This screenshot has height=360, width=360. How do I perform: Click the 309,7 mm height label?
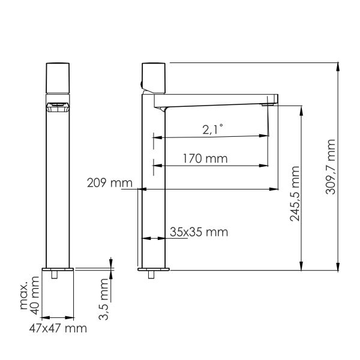(x=331, y=167)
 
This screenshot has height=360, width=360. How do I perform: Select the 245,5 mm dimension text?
(x=295, y=194)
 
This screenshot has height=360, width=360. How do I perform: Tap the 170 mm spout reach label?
(x=205, y=158)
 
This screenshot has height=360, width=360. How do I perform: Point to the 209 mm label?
(x=110, y=183)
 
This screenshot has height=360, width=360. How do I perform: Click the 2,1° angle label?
(x=212, y=130)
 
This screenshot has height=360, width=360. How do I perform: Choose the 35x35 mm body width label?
(x=199, y=232)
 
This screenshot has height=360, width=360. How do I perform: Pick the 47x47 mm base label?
(x=58, y=328)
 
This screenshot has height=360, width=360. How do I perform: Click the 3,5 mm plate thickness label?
(x=103, y=299)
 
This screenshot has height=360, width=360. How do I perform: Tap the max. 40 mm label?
(x=29, y=295)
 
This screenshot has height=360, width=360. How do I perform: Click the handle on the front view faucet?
(x=58, y=78)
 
